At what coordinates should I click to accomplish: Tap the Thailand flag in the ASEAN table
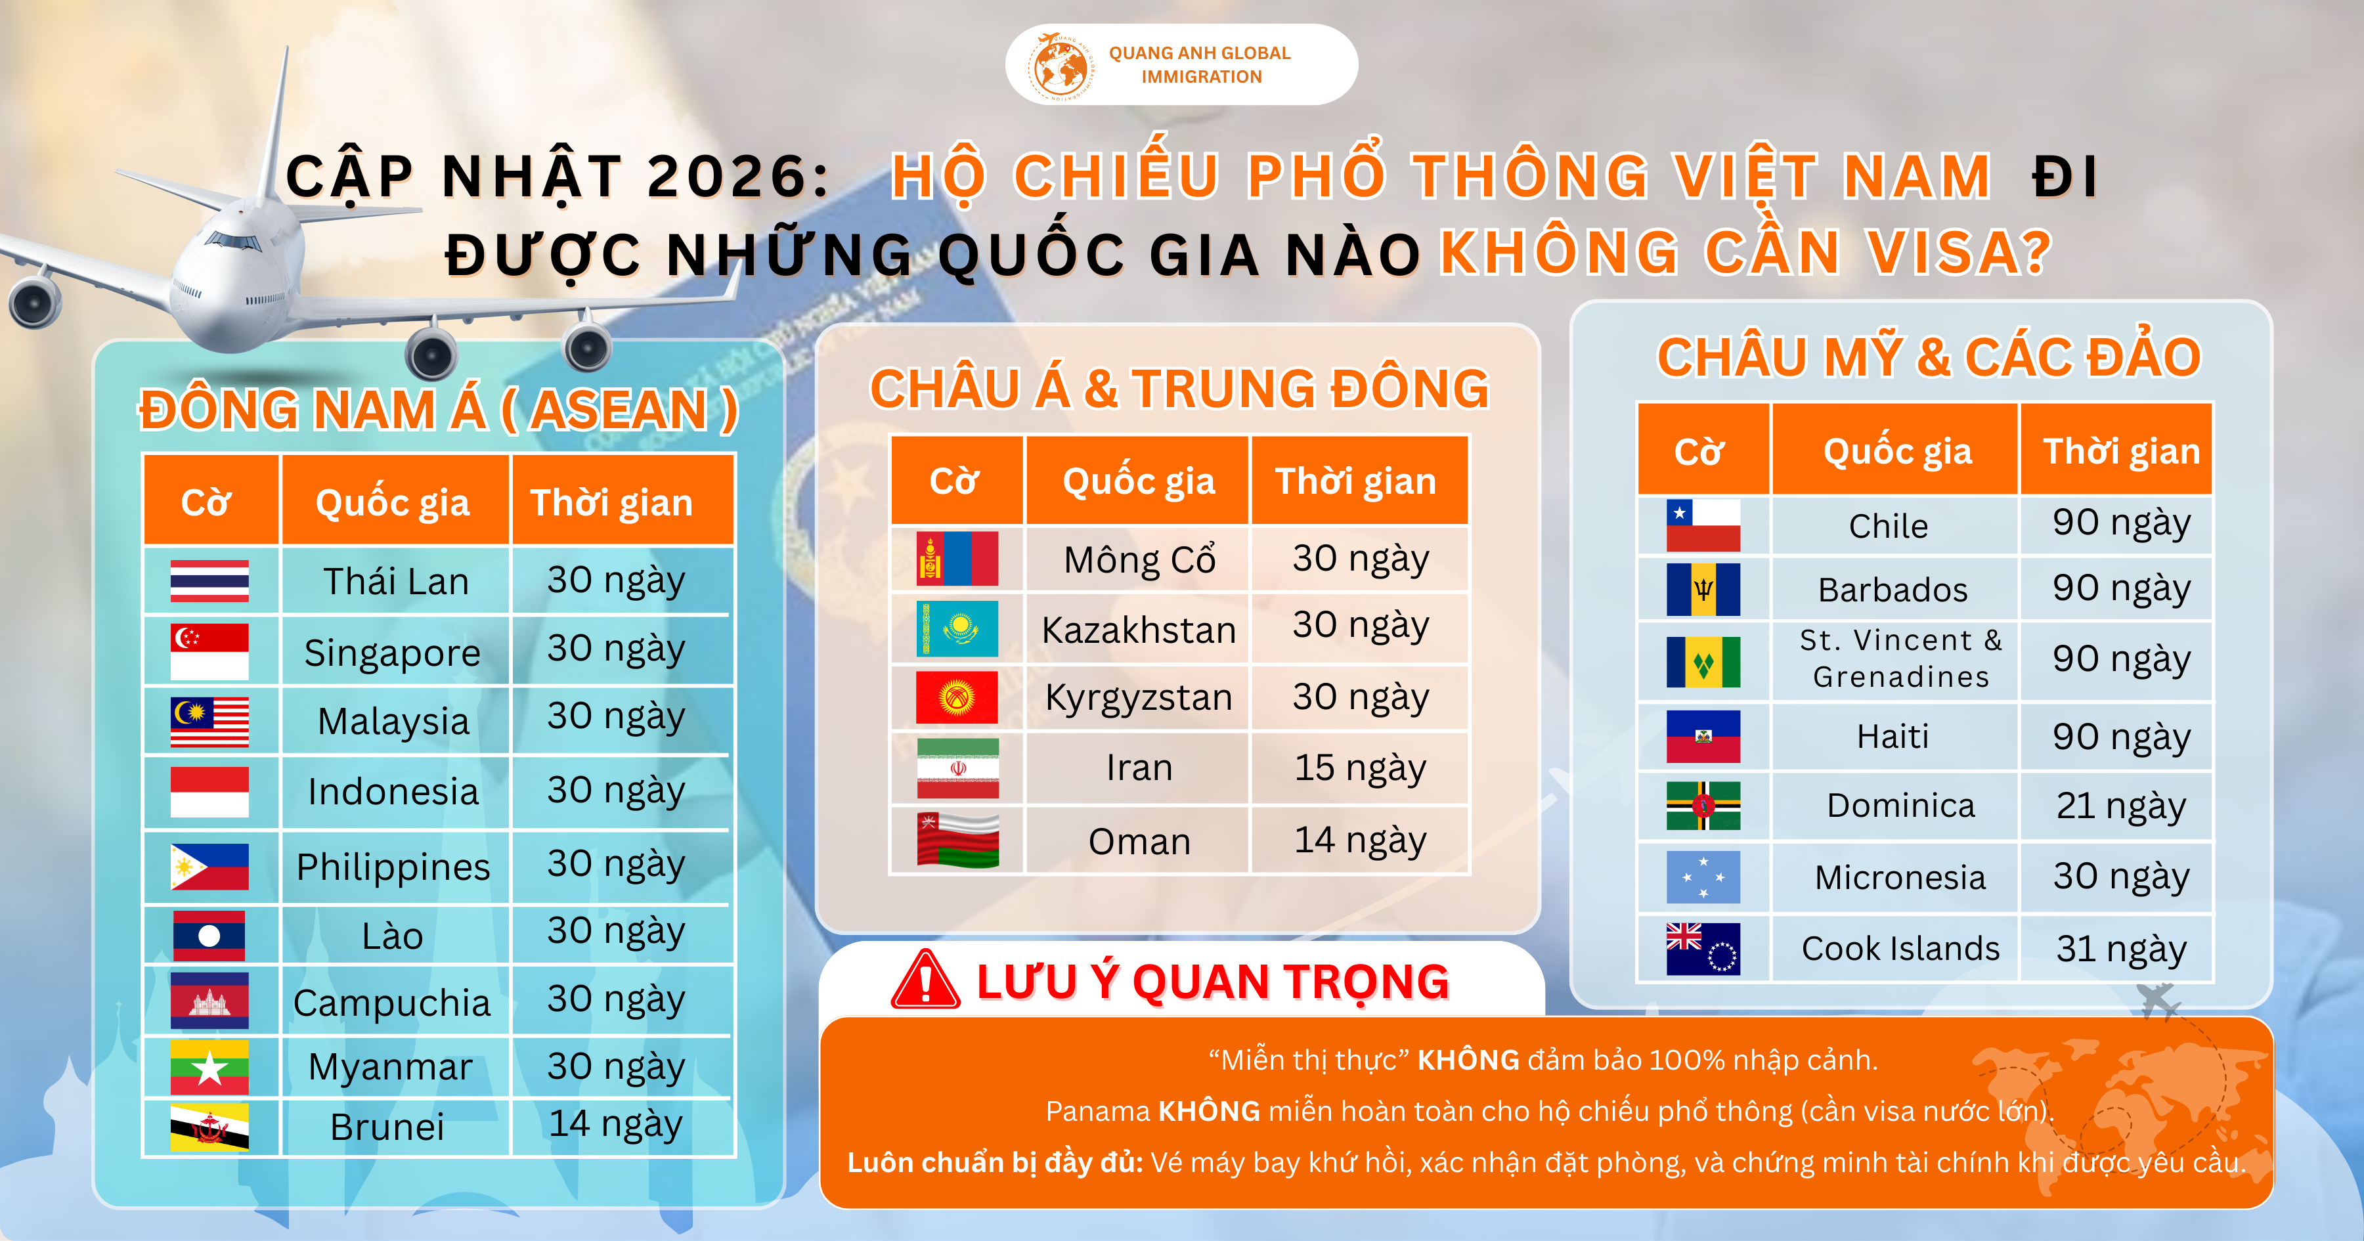tap(209, 581)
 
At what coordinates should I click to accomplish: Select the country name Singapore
tap(393, 653)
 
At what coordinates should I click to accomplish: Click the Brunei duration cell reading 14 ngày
tap(616, 1124)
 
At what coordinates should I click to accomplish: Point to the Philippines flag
tap(209, 867)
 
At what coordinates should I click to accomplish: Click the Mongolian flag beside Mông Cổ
tap(957, 558)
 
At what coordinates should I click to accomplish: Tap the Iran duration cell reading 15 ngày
tap(1360, 768)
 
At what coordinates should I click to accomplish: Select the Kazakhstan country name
tap(1139, 630)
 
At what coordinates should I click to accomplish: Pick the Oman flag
tap(957, 840)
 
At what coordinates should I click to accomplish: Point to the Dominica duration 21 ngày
tap(2121, 806)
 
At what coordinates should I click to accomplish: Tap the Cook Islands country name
tap(1900, 948)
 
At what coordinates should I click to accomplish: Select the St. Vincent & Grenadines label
tap(1900, 658)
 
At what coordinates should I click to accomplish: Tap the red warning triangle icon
tap(925, 980)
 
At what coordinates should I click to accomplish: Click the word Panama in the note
tap(1097, 1112)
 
